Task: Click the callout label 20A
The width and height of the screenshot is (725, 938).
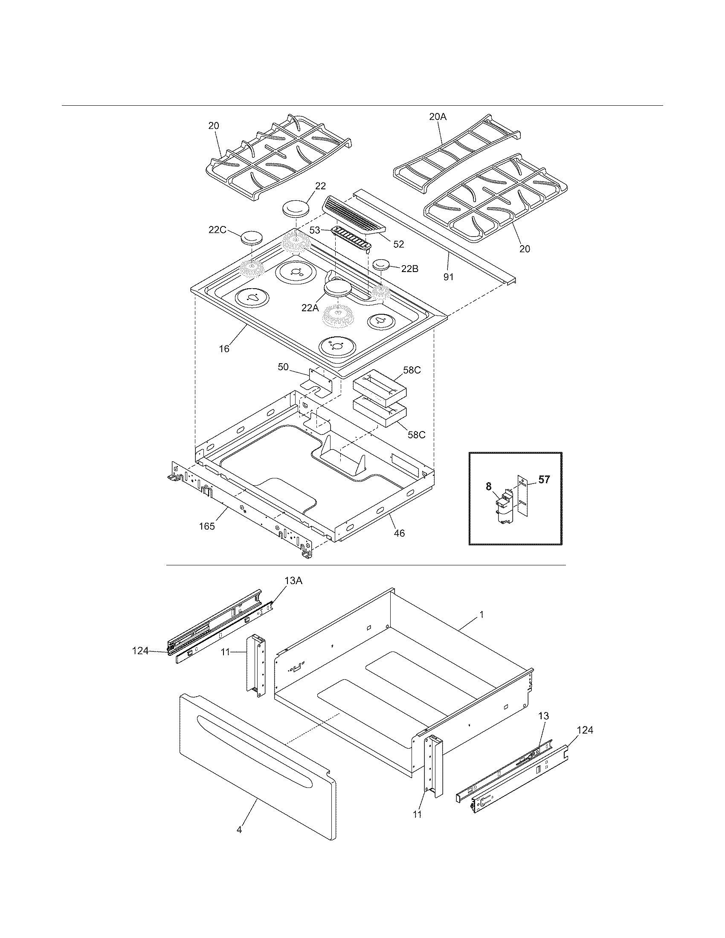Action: point(438,116)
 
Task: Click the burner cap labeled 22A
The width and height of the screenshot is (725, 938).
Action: point(338,288)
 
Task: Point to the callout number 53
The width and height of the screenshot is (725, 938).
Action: point(315,230)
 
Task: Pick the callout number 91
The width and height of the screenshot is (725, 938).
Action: point(448,277)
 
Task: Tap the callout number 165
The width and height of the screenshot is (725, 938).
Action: point(207,526)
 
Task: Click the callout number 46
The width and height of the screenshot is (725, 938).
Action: point(399,533)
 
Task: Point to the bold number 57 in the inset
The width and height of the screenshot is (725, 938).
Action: point(544,480)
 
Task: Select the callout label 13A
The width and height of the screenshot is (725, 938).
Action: point(293,581)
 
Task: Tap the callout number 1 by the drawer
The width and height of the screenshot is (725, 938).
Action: point(481,614)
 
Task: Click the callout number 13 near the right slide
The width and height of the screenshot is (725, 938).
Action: point(543,715)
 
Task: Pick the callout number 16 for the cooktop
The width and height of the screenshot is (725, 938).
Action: point(224,349)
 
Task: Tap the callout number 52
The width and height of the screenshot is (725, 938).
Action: point(399,244)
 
